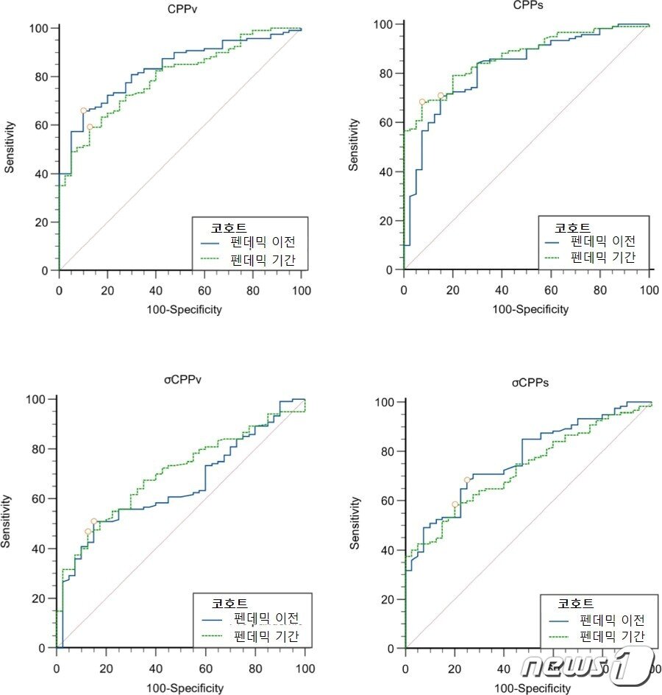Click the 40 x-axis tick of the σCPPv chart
(x=155, y=668)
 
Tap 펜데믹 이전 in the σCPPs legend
(x=612, y=619)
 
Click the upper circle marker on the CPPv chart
(x=83, y=110)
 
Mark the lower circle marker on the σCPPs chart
(x=455, y=504)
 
